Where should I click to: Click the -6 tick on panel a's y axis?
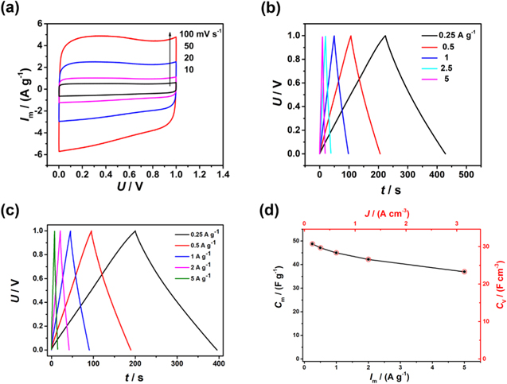41,153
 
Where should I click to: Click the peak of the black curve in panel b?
385,35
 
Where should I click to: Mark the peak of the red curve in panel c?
92,231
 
